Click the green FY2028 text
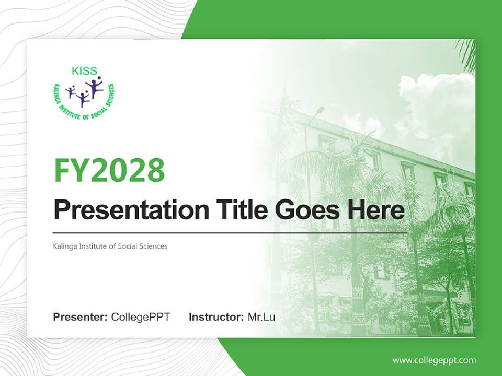pos(109,170)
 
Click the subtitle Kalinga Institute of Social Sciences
pos(110,245)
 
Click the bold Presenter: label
pos(81,317)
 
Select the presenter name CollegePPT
pos(141,317)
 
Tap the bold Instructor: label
pos(216,317)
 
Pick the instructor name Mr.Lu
pos(261,317)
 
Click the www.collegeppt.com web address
pos(434,360)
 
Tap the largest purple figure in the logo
pos(94,87)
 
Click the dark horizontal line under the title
pos(230,232)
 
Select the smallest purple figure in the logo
pos(71,91)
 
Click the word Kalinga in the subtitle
pos(65,245)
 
